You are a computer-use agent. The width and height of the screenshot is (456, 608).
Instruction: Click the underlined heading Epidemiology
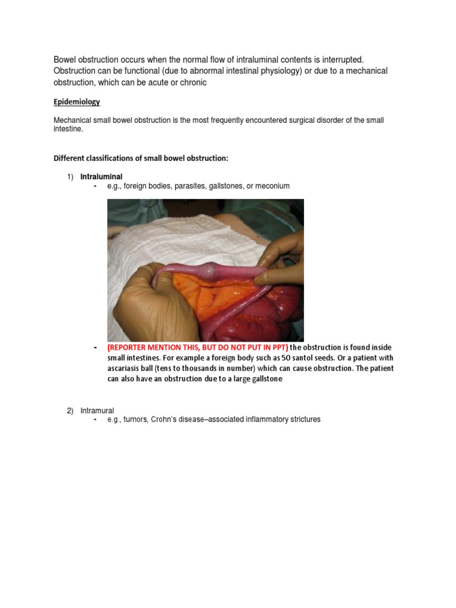(77, 102)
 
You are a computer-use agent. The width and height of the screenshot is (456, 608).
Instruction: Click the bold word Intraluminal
(102, 176)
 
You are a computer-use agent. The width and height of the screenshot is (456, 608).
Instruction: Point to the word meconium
(273, 186)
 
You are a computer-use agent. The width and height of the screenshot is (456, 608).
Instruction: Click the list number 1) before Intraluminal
(69, 176)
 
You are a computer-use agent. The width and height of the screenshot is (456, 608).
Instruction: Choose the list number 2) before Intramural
(69, 410)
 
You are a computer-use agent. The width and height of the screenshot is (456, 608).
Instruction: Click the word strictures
(301, 420)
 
